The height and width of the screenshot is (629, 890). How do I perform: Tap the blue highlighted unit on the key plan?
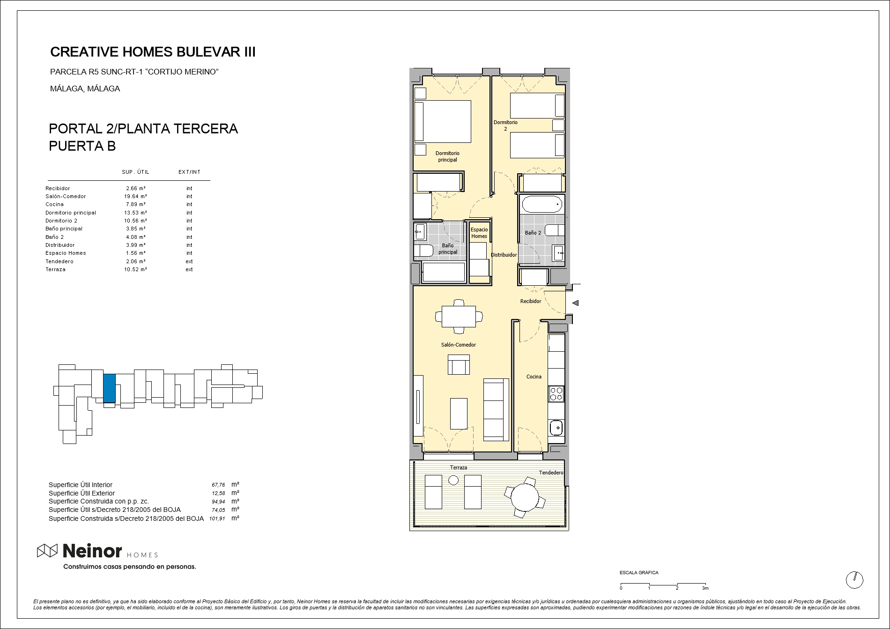point(109,388)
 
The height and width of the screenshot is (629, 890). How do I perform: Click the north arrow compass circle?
point(854,580)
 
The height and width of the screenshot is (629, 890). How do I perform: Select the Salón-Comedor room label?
point(459,345)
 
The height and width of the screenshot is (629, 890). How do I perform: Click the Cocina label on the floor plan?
point(534,377)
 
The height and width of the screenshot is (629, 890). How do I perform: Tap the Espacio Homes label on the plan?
point(479,233)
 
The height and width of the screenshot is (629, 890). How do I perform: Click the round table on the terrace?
point(525,497)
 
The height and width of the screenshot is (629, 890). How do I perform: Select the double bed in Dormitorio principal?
point(443,121)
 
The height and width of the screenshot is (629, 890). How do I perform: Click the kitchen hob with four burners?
point(556,394)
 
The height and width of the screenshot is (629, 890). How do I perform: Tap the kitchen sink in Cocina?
point(556,427)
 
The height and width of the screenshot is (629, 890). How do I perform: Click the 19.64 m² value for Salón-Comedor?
point(135,196)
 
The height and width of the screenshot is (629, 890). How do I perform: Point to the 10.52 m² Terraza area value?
point(135,269)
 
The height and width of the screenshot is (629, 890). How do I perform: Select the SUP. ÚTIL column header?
point(135,172)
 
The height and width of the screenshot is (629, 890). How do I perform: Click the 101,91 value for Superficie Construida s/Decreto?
point(217,518)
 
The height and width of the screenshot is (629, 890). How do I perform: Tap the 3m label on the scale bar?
point(705,588)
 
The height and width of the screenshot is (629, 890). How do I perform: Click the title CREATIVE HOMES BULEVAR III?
point(153,52)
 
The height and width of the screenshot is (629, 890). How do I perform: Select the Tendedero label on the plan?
point(551,473)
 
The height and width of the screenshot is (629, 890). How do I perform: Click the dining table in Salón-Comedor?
point(459,316)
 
